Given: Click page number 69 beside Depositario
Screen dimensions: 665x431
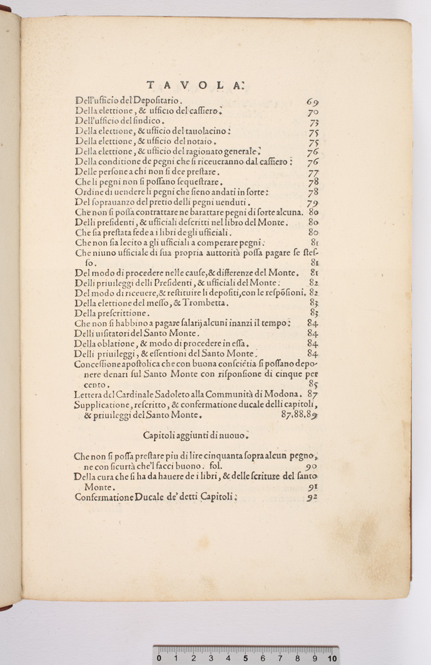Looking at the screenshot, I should point(313,101).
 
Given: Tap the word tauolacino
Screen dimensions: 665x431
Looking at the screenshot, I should point(203,131).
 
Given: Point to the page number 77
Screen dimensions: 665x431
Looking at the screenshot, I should point(313,173).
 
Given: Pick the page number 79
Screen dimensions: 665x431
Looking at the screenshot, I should point(313,203).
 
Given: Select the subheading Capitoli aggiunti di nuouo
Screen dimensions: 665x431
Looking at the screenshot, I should point(196,435).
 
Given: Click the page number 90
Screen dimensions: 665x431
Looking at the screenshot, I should point(312,467).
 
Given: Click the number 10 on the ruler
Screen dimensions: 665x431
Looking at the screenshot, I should point(332,658).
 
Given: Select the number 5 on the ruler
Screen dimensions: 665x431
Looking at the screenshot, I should point(245,658).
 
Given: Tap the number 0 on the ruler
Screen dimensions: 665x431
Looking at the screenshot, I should point(160,658).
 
